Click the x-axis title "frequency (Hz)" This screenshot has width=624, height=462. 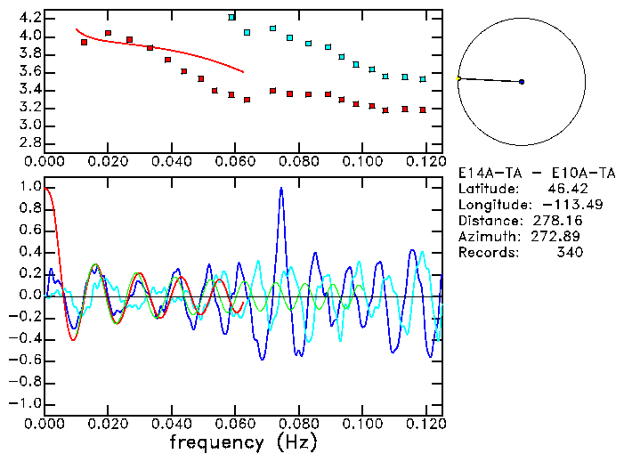(x=243, y=442)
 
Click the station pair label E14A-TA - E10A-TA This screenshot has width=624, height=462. (x=521, y=173)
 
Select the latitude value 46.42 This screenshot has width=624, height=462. (x=563, y=189)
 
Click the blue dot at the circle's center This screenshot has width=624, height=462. (x=522, y=82)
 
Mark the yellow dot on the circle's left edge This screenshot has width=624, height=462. (x=458, y=78)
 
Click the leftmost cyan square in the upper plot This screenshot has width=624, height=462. (x=231, y=17)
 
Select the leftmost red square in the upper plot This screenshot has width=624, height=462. (x=84, y=42)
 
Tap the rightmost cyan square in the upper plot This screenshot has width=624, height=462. (x=423, y=79)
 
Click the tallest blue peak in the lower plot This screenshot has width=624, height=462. (x=281, y=189)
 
